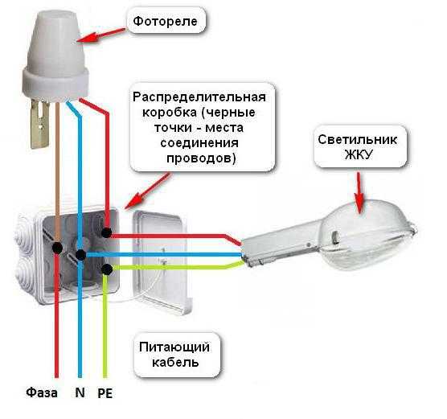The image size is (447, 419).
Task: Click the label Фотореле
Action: tap(166, 22)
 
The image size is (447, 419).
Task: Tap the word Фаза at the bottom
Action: tap(42, 392)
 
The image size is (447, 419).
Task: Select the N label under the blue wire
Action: tap(80, 392)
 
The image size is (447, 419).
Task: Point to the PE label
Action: tap(105, 393)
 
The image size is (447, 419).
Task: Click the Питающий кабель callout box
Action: tap(174, 355)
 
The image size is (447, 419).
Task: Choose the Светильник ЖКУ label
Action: tap(358, 147)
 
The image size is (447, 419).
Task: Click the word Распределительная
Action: tap(199, 97)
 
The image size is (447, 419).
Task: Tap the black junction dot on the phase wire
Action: tap(57, 248)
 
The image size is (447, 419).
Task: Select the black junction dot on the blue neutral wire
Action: tap(80, 254)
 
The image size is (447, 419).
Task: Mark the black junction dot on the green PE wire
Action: tap(107, 269)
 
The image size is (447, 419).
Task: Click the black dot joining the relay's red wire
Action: tap(106, 232)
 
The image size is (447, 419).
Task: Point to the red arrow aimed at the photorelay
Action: tap(101, 35)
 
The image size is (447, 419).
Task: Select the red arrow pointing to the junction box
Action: tap(147, 191)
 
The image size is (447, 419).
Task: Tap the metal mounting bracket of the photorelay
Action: tap(40, 124)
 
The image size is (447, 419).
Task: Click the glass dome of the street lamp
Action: tap(367, 234)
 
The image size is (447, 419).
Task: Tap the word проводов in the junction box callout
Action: tap(201, 158)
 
